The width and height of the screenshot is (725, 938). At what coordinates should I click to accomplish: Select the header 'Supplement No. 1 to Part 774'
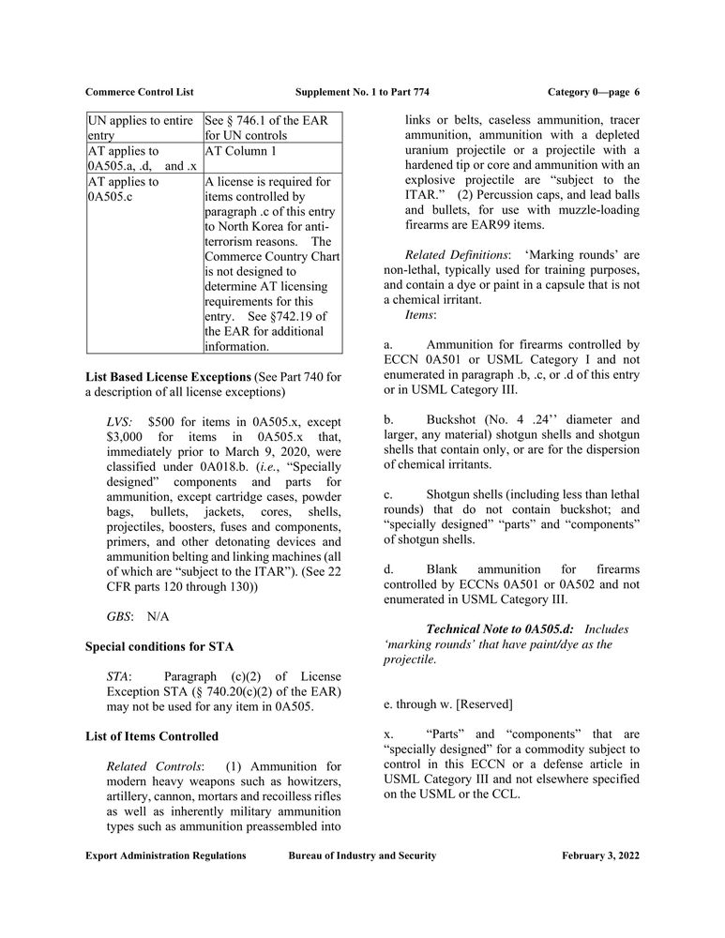[362, 92]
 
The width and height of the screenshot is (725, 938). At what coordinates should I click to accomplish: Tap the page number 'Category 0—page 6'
[593, 92]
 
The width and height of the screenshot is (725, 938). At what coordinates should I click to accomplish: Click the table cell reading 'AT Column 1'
[241, 151]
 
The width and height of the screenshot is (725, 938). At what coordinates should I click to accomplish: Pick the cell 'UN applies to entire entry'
[143, 128]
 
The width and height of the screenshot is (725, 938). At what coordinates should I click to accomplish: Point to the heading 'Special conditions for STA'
[159, 647]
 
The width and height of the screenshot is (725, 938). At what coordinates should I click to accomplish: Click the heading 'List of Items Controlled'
[152, 736]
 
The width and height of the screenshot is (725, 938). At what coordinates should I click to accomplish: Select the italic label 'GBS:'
[119, 616]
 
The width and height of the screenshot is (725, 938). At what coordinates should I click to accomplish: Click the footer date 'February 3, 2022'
[601, 855]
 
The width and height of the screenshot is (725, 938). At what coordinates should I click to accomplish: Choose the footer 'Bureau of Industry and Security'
[362, 855]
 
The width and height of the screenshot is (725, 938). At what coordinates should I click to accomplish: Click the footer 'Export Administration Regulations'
[165, 855]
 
